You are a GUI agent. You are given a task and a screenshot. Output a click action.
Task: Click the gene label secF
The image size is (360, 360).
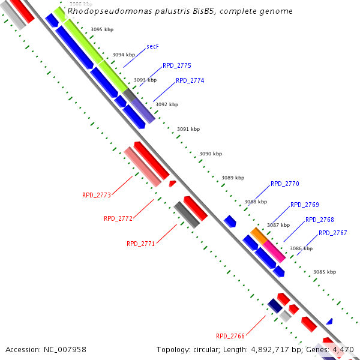click(x=152, y=47)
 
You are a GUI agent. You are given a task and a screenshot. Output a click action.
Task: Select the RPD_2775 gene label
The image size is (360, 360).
click(x=176, y=66)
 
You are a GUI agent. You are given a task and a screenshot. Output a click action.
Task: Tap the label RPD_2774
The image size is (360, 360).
click(x=190, y=80)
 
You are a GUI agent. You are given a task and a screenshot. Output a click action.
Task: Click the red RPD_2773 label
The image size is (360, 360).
click(x=97, y=195)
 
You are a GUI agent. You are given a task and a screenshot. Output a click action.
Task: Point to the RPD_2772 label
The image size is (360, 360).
click(x=118, y=218)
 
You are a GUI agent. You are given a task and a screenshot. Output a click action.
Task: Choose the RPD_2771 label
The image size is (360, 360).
click(x=140, y=244)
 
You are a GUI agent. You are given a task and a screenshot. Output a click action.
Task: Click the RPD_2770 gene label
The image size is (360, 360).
click(x=284, y=184)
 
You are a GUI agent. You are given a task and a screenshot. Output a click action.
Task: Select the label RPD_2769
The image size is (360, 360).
click(x=304, y=205)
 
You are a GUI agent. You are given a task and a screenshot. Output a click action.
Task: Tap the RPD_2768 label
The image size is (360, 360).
click(x=319, y=220)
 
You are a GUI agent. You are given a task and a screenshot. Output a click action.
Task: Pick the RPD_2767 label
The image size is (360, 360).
click(x=332, y=233)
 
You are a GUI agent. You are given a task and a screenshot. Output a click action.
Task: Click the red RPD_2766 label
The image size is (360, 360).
click(x=230, y=336)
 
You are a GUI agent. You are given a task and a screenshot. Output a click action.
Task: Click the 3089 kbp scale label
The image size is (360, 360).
click(x=233, y=178)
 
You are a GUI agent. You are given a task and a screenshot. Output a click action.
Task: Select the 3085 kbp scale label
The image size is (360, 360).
click(x=325, y=272)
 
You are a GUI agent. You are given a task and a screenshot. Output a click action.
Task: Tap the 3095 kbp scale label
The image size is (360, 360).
click(x=101, y=29)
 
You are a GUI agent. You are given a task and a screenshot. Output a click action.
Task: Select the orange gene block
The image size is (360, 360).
click(x=259, y=235)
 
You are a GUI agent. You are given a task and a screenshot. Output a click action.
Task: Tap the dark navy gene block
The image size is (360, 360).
click(x=275, y=305)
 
